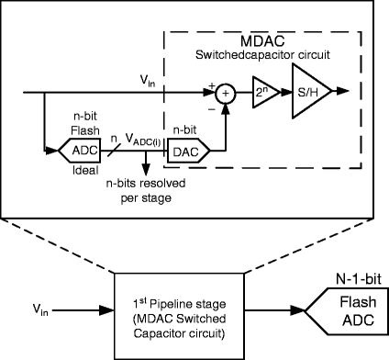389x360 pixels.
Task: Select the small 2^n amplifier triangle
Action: (x=262, y=94)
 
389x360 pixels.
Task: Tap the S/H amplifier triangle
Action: (x=307, y=94)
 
